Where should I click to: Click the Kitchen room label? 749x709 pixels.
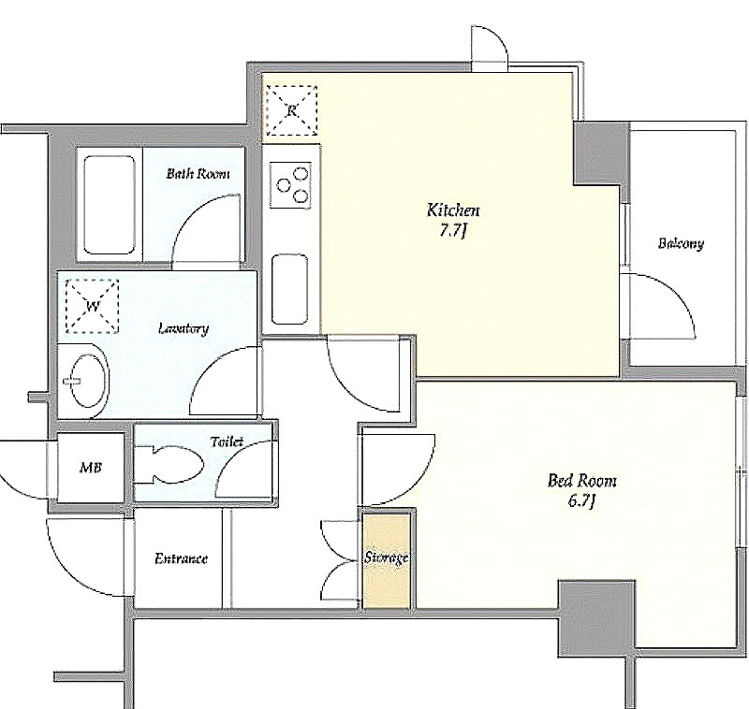click(452, 210)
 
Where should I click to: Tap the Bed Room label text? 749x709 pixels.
click(581, 480)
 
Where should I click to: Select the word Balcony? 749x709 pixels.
click(681, 243)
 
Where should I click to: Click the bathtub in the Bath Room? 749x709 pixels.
click(110, 205)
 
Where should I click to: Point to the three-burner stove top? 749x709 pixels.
click(291, 185)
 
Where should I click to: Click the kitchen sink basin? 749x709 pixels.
click(289, 289)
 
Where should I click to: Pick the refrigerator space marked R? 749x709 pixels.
click(291, 111)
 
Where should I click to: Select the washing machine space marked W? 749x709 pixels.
click(92, 306)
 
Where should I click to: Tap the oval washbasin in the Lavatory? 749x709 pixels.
click(88, 381)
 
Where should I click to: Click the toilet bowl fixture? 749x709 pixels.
click(169, 465)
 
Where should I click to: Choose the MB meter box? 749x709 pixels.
click(91, 467)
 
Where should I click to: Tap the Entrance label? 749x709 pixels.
click(181, 558)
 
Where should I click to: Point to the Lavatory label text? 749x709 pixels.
click(184, 328)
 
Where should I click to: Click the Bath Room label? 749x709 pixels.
click(198, 173)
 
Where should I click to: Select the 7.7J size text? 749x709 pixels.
click(452, 231)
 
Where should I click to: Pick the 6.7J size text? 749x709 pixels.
click(581, 501)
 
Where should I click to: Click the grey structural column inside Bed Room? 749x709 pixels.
click(596, 619)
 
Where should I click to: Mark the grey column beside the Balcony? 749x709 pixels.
click(601, 153)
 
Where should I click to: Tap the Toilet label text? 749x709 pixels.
click(228, 442)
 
